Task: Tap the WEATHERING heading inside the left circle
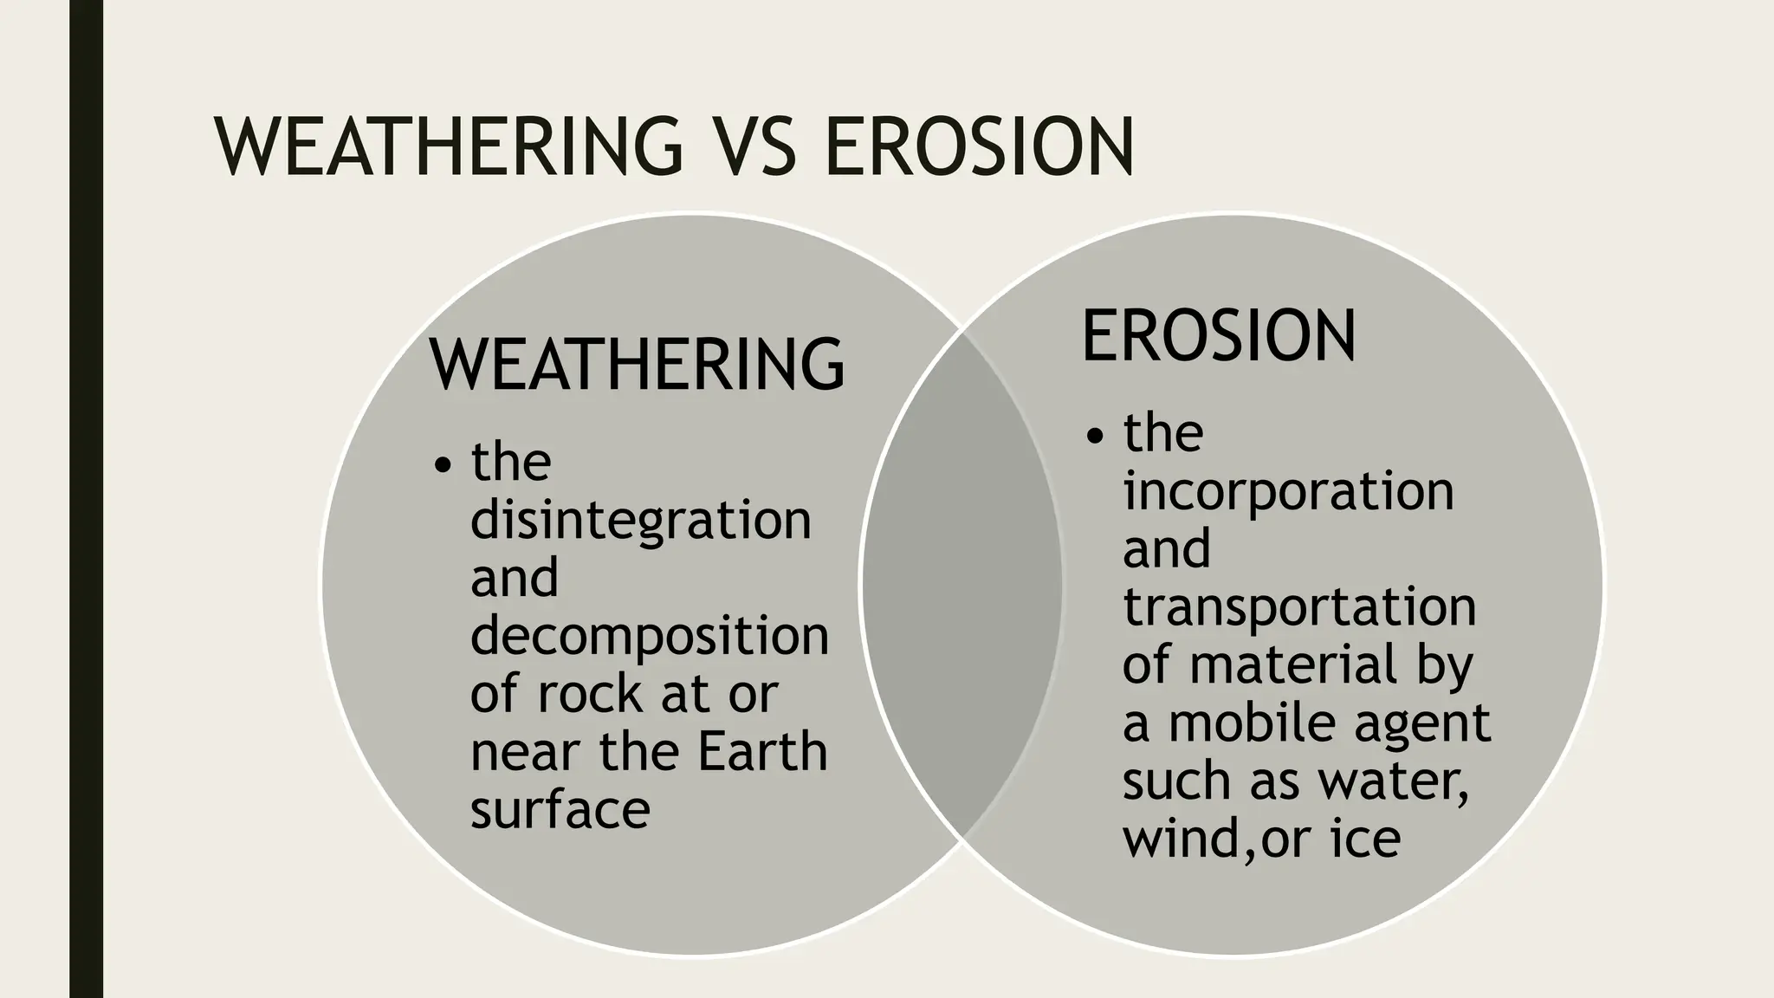pyautogui.click(x=637, y=364)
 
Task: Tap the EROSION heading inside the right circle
pyautogui.click(x=1219, y=336)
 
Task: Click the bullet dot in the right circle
pyautogui.click(x=1096, y=437)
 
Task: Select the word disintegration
pyautogui.click(x=640, y=520)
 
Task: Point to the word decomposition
pyautogui.click(x=649, y=636)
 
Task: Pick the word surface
pyautogui.click(x=560, y=809)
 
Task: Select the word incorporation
pyautogui.click(x=1288, y=491)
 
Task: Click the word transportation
pyautogui.click(x=1299, y=606)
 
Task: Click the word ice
pyautogui.click(x=1365, y=839)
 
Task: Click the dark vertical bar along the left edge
pyautogui.click(x=86, y=499)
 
